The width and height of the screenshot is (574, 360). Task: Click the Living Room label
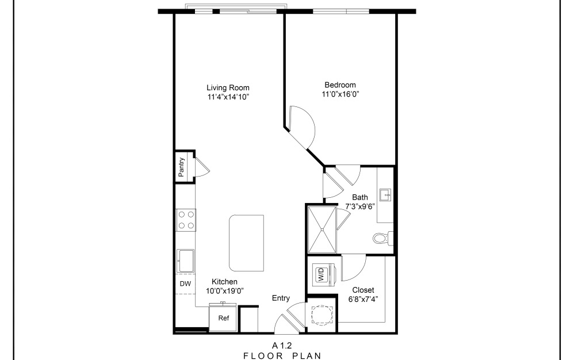pos(228,87)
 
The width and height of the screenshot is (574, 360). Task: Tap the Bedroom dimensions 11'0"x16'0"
pos(344,94)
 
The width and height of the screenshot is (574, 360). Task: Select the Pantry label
pos(181,167)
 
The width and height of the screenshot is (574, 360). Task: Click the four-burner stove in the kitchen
pos(186,219)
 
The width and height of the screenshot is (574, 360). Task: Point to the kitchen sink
pos(186,262)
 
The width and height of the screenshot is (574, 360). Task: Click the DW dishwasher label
pos(185,284)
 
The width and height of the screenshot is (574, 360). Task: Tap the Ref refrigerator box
pos(223,318)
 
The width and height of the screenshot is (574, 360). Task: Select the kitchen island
pos(246,243)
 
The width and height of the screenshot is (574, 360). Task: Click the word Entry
pos(281,298)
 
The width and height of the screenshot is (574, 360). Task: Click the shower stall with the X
pos(321,229)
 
